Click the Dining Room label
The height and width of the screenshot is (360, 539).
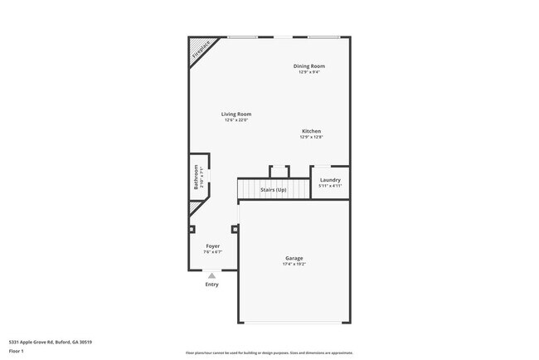pyautogui.click(x=308, y=66)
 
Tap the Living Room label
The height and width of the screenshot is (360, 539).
pyautogui.click(x=236, y=114)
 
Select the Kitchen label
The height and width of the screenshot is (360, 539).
pyautogui.click(x=311, y=131)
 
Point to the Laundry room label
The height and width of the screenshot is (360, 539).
pyautogui.click(x=330, y=180)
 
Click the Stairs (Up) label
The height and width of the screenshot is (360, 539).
pyautogui.click(x=274, y=190)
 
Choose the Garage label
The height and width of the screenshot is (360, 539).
pyautogui.click(x=294, y=258)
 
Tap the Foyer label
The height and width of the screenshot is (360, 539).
pyautogui.click(x=213, y=246)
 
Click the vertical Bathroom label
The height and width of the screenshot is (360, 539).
pyautogui.click(x=197, y=178)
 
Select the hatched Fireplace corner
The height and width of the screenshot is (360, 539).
pyautogui.click(x=200, y=49)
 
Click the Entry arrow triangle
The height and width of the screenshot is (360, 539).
pyautogui.click(x=212, y=275)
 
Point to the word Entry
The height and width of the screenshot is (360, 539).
pyautogui.click(x=212, y=285)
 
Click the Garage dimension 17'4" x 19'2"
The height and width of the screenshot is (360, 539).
pyautogui.click(x=294, y=265)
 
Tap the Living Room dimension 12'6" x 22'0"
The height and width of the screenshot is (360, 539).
pyautogui.click(x=236, y=120)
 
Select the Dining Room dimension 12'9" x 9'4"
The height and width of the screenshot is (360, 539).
pyautogui.click(x=309, y=72)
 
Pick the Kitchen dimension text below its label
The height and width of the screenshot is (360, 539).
pyautogui.click(x=311, y=138)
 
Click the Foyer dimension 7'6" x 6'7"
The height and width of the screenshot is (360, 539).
pyautogui.click(x=213, y=252)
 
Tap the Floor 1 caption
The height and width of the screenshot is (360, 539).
pyautogui.click(x=16, y=351)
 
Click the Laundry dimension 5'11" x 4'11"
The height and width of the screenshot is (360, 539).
pyautogui.click(x=330, y=186)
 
